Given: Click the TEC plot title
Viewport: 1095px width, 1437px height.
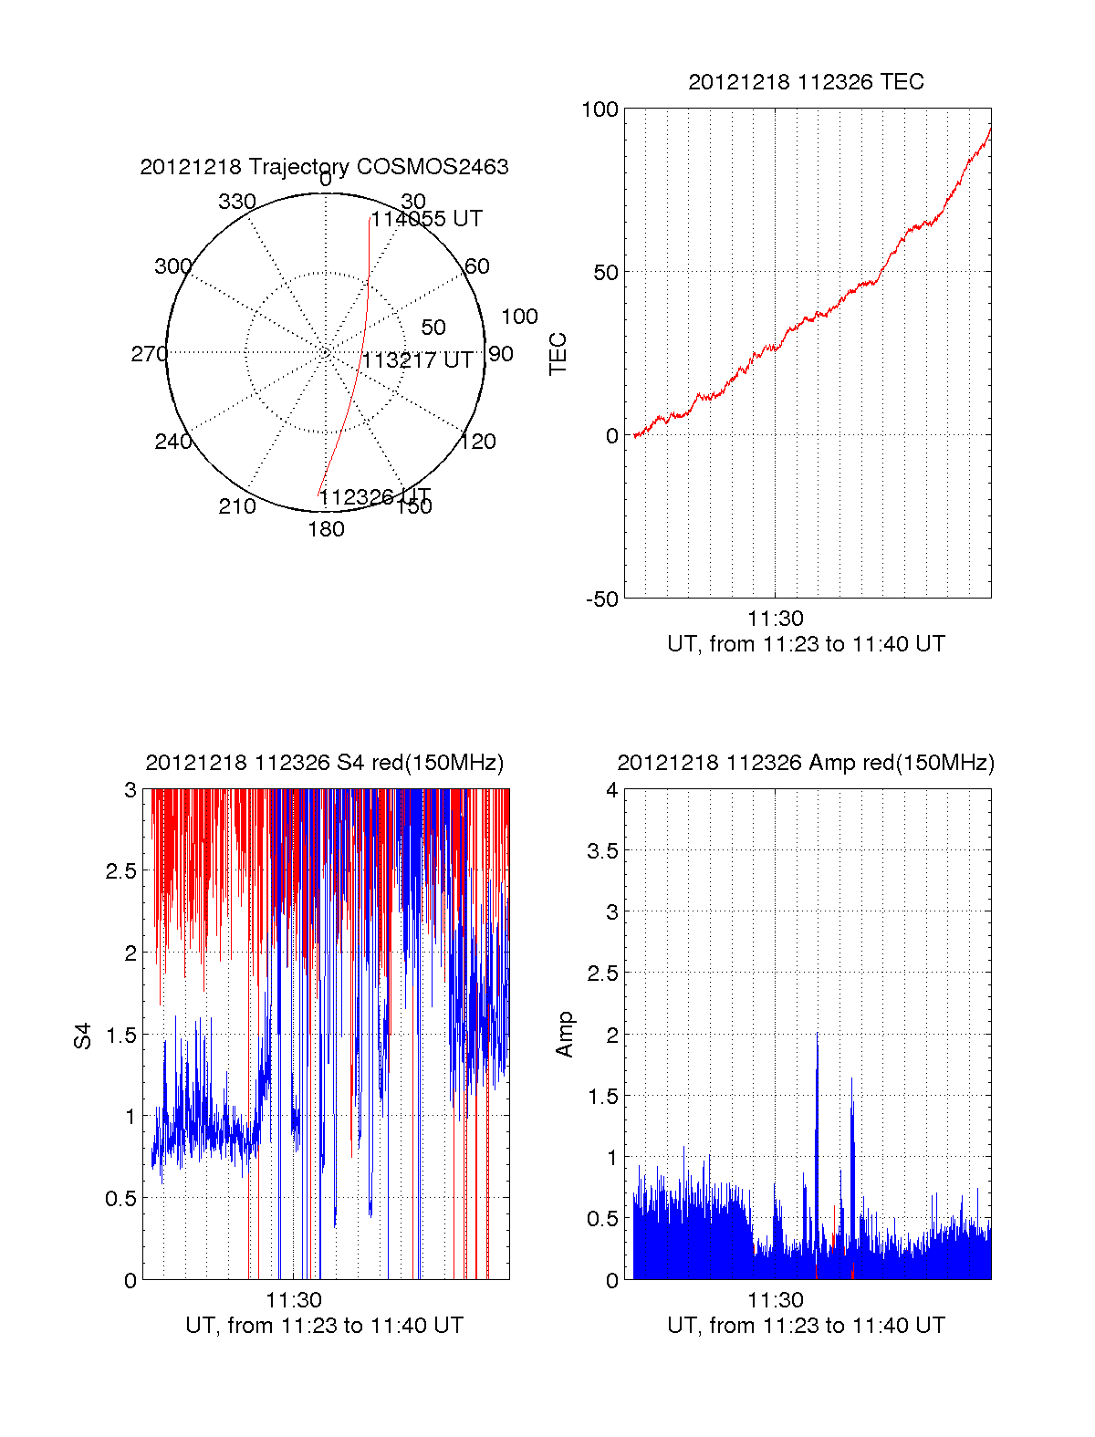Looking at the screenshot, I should (806, 82).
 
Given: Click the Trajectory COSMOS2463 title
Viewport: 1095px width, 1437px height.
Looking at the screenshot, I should (324, 167).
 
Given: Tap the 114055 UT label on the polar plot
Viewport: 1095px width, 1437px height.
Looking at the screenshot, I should (426, 219).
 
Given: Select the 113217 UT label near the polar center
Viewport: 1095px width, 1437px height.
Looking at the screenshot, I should (418, 360).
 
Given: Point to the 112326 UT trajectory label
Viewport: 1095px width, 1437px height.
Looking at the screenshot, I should (374, 497).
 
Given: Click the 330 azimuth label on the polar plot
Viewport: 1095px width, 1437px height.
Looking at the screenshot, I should (237, 202).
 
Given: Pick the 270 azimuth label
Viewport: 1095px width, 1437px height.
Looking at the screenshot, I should (149, 354).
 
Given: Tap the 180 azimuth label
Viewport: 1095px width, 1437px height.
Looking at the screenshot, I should (326, 529).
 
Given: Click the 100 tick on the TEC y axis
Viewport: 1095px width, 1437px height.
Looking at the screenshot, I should (600, 109).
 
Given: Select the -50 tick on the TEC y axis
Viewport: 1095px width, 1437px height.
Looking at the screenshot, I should (601, 599).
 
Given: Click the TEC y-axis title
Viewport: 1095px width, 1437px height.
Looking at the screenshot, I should (558, 354).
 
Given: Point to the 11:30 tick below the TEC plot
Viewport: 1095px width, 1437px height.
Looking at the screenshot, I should (775, 619).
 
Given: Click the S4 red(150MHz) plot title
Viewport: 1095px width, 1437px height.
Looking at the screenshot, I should (324, 763).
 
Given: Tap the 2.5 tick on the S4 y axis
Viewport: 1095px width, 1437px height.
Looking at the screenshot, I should (121, 871).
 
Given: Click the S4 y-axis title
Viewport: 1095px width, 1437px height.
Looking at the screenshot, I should (83, 1036).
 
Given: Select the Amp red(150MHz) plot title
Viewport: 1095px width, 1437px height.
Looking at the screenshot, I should (806, 763).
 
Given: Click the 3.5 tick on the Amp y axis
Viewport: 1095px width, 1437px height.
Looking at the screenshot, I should (602, 851).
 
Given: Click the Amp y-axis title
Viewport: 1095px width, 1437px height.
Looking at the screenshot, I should (566, 1035).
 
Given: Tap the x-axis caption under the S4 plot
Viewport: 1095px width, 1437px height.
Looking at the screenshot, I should (324, 1326).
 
